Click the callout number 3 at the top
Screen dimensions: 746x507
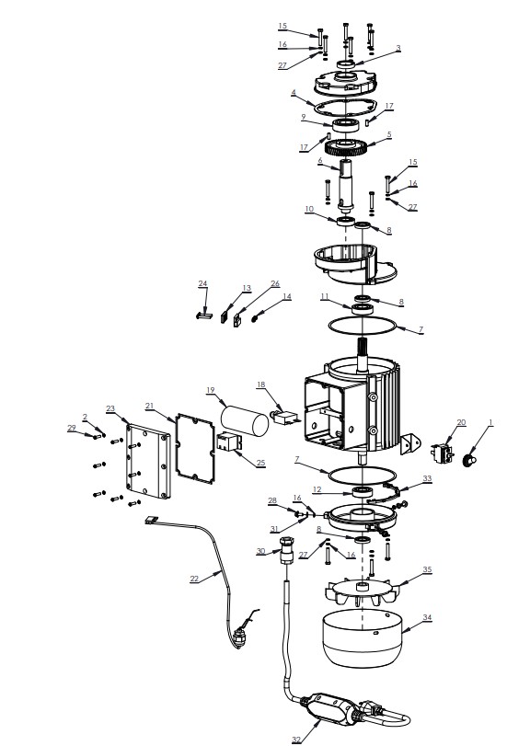[398, 48]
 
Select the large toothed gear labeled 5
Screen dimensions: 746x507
[350, 144]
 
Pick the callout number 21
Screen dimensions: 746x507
[150, 405]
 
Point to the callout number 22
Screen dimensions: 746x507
[194, 579]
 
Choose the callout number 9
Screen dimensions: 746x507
[302, 117]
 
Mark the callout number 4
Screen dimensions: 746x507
[293, 93]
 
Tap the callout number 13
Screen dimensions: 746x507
[247, 289]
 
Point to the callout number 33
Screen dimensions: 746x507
[427, 479]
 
